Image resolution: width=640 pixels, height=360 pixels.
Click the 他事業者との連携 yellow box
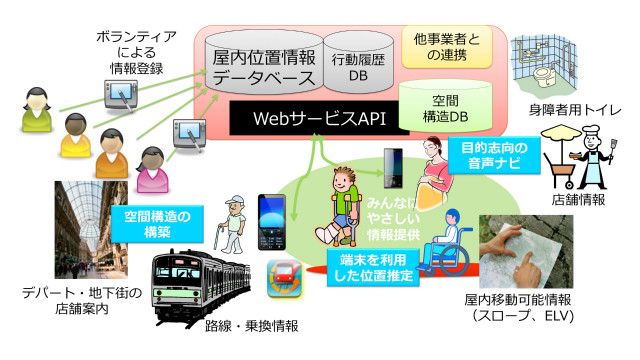pos(446,46)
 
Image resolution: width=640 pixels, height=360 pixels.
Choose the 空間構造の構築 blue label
pos(156,222)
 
